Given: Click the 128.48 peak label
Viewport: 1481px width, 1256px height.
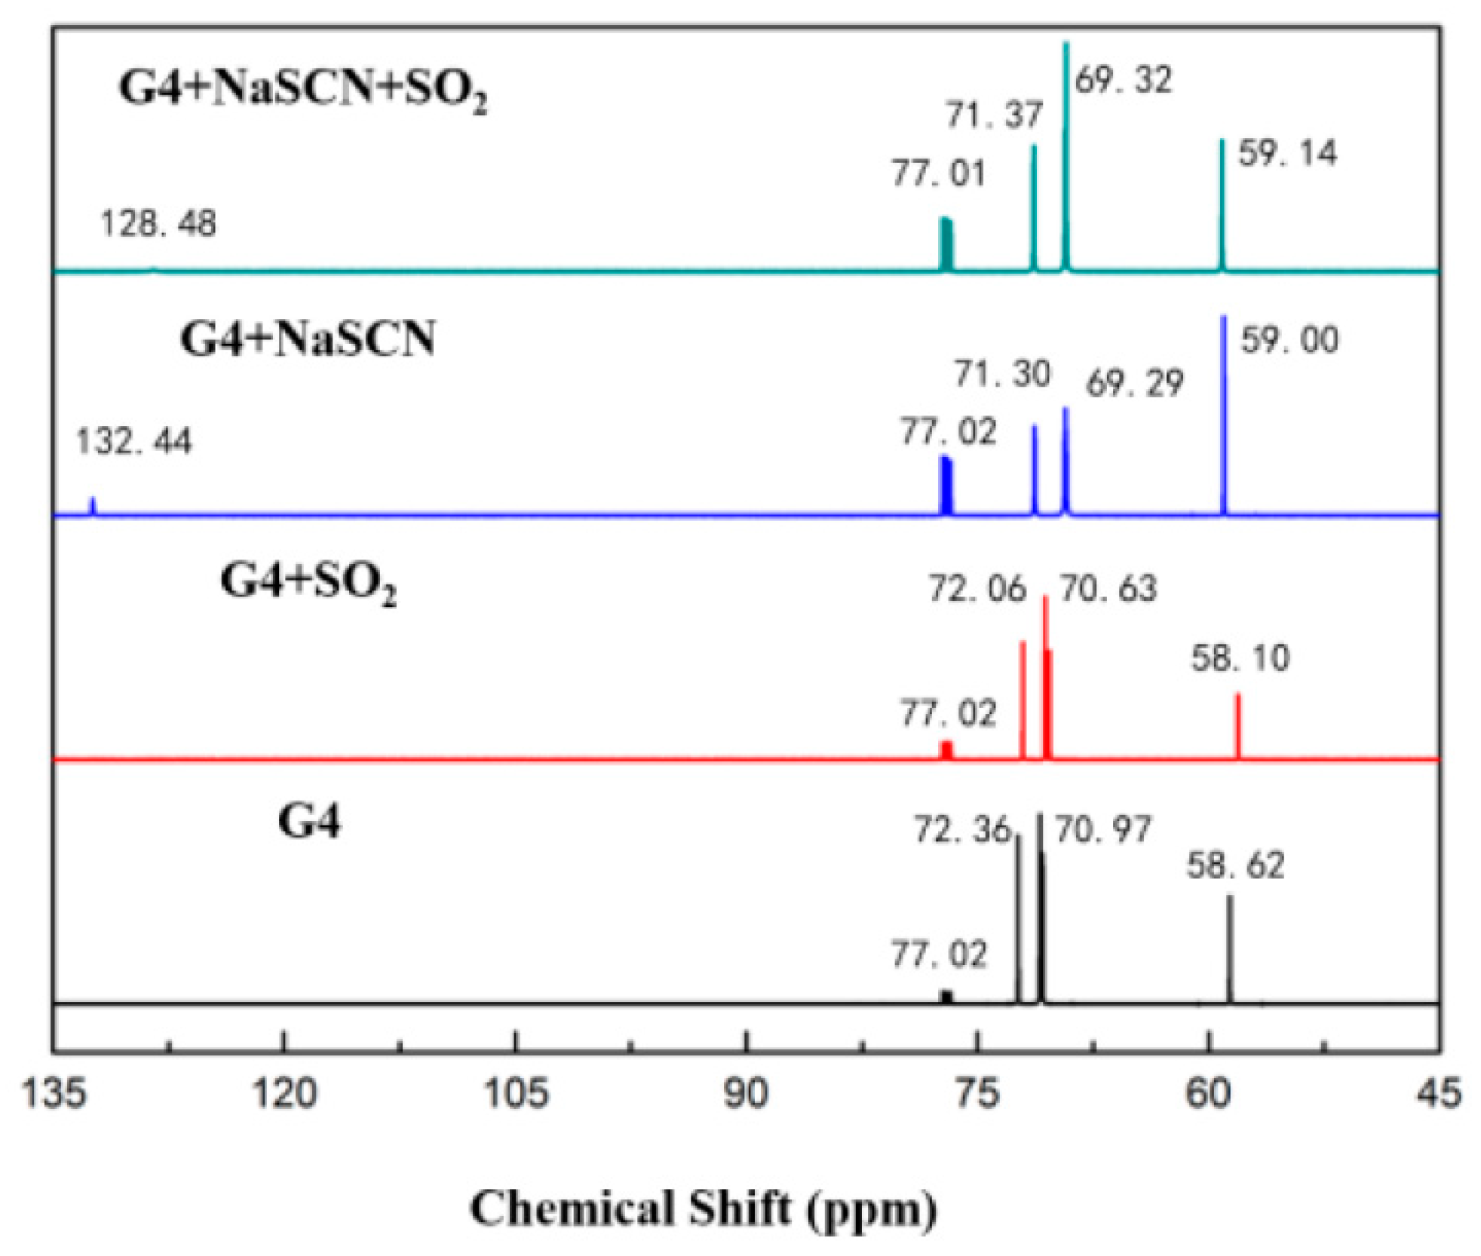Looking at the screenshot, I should click(158, 224).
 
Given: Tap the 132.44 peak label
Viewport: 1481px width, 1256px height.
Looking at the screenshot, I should click(133, 441).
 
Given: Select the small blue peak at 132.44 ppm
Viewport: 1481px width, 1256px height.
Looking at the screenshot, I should click(93, 506).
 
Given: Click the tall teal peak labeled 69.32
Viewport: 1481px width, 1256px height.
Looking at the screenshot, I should click(1066, 151).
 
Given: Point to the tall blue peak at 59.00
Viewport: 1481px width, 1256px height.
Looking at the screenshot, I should click(1223, 415).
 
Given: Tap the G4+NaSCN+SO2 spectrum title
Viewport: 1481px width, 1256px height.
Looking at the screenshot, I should click(303, 89).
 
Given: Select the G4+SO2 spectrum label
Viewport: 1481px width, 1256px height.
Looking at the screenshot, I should click(308, 583).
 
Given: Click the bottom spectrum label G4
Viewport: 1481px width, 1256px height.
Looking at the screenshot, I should click(309, 821).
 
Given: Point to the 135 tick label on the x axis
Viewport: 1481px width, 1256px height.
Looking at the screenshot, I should click(52, 1092).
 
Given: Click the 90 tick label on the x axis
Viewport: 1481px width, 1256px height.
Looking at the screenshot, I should click(746, 1092).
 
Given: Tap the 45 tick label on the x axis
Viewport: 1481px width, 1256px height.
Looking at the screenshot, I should click(1439, 1092).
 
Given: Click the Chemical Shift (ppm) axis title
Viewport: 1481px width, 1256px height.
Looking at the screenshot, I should click(703, 1209).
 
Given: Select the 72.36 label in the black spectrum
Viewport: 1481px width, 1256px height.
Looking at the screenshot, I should click(961, 830).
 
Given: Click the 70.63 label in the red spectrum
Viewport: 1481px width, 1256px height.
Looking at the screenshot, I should click(1108, 588).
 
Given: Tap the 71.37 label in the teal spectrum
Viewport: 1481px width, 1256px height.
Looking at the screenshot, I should click(994, 115).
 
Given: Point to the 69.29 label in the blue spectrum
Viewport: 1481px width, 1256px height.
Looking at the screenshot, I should click(1134, 384).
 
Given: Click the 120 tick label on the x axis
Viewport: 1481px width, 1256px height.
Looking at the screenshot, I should click(284, 1092).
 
